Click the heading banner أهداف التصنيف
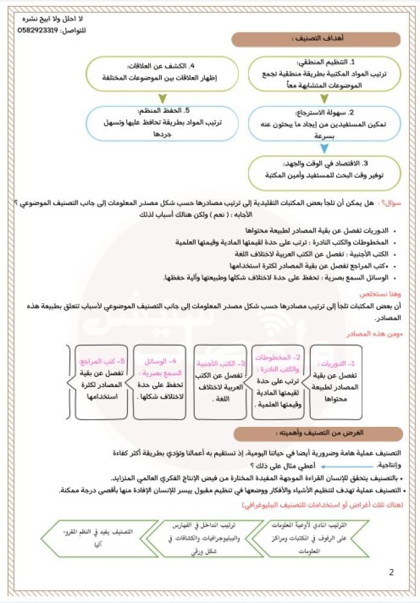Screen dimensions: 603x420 click(317, 39)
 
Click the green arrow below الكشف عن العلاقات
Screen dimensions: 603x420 click(162, 98)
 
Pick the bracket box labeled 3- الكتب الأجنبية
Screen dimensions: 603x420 click(221, 382)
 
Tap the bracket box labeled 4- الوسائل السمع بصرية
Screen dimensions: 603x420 click(160, 382)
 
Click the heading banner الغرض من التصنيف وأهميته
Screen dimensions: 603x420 click(317, 433)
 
